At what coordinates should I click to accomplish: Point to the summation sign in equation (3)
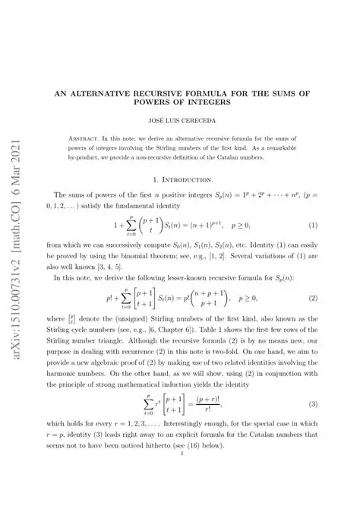(148, 419)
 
